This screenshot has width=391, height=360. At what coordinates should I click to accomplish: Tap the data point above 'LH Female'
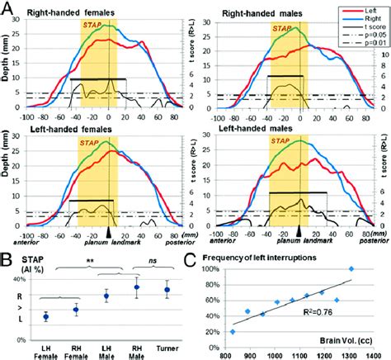coord(45,316)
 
